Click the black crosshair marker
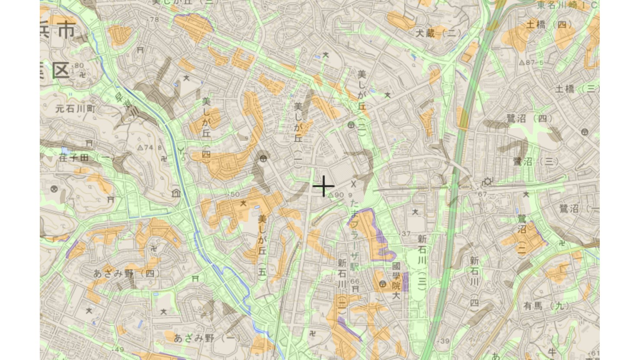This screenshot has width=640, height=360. click(323, 187)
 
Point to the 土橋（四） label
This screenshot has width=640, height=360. click(549, 25)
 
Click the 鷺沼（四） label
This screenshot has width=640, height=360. click(529, 118)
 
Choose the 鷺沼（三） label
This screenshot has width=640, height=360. click(536, 162)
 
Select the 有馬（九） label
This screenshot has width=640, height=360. click(546, 306)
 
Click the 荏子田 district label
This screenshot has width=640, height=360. click(80, 158)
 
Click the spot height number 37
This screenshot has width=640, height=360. click(406, 234)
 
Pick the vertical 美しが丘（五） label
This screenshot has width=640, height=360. click(262, 245)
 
